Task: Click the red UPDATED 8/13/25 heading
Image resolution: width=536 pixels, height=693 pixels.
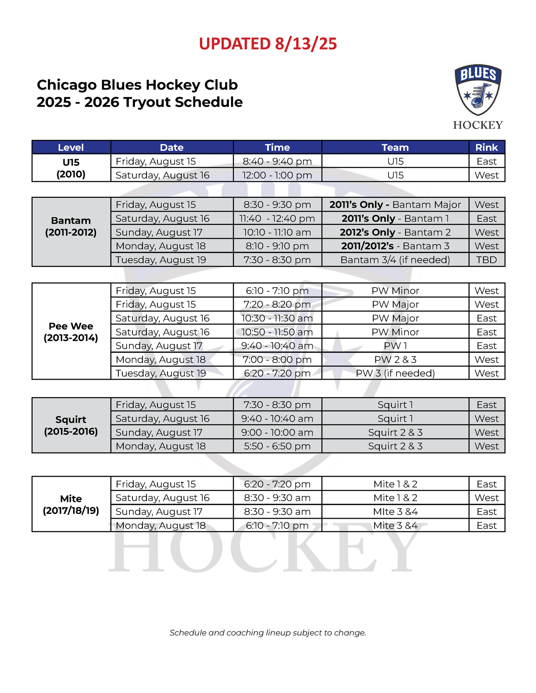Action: point(268,44)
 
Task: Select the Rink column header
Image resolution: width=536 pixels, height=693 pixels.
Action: point(486,147)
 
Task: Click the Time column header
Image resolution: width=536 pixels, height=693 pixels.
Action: point(277,147)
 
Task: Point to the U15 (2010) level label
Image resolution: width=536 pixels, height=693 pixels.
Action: point(71,168)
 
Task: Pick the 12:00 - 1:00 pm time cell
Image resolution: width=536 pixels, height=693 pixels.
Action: point(277,175)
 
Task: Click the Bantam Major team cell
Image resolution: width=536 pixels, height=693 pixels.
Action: point(395,205)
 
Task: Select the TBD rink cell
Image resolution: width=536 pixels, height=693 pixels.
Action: point(486,260)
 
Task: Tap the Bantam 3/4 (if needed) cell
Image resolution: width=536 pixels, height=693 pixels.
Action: point(395,260)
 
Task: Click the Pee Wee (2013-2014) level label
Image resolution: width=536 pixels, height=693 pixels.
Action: point(71,332)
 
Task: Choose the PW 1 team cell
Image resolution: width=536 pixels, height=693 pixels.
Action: point(395,346)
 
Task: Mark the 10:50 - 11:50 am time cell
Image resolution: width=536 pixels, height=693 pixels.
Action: point(277,332)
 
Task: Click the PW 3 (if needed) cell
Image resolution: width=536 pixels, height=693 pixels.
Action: point(395,373)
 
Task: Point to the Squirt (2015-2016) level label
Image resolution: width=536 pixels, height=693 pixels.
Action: point(71,425)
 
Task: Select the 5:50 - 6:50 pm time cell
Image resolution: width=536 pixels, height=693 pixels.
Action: point(277,446)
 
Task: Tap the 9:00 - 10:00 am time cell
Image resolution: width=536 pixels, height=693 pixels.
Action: point(277,432)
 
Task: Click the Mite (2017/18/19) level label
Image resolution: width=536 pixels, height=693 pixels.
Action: point(71,504)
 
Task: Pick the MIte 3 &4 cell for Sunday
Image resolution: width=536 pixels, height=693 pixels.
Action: point(395,512)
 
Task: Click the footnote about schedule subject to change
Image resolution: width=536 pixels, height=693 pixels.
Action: point(268,633)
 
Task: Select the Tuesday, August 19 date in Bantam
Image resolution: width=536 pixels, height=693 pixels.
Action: point(161,260)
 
